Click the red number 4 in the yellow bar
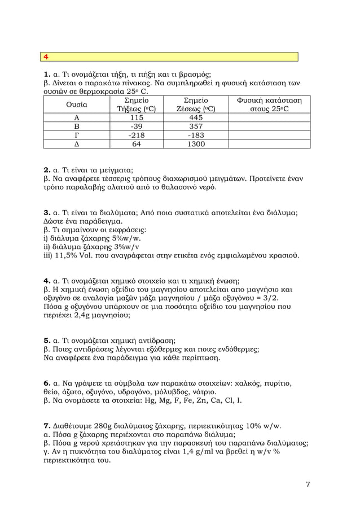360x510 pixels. click(46, 57)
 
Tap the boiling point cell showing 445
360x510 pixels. click(196, 117)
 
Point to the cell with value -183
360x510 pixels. click(196, 136)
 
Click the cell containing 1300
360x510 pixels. click(196, 145)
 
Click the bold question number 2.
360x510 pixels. click(47, 169)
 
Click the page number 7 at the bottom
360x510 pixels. click(308, 484)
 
